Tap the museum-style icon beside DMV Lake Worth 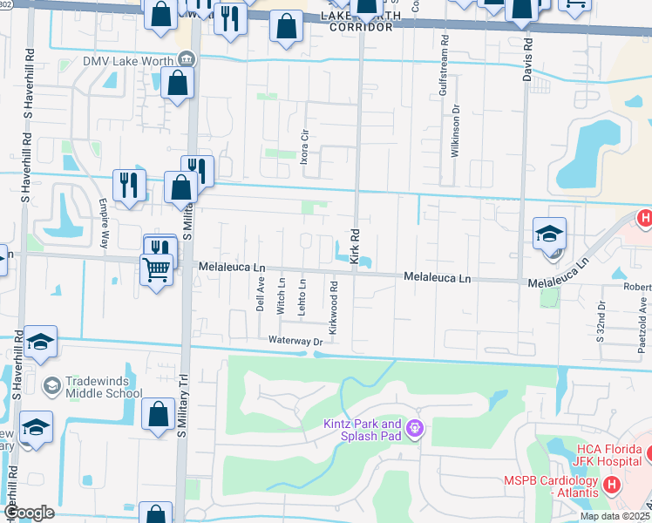185,59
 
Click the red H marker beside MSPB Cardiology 611,483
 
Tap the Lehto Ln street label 302,296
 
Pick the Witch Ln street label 281,296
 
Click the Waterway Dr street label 295,342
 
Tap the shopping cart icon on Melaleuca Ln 156,270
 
